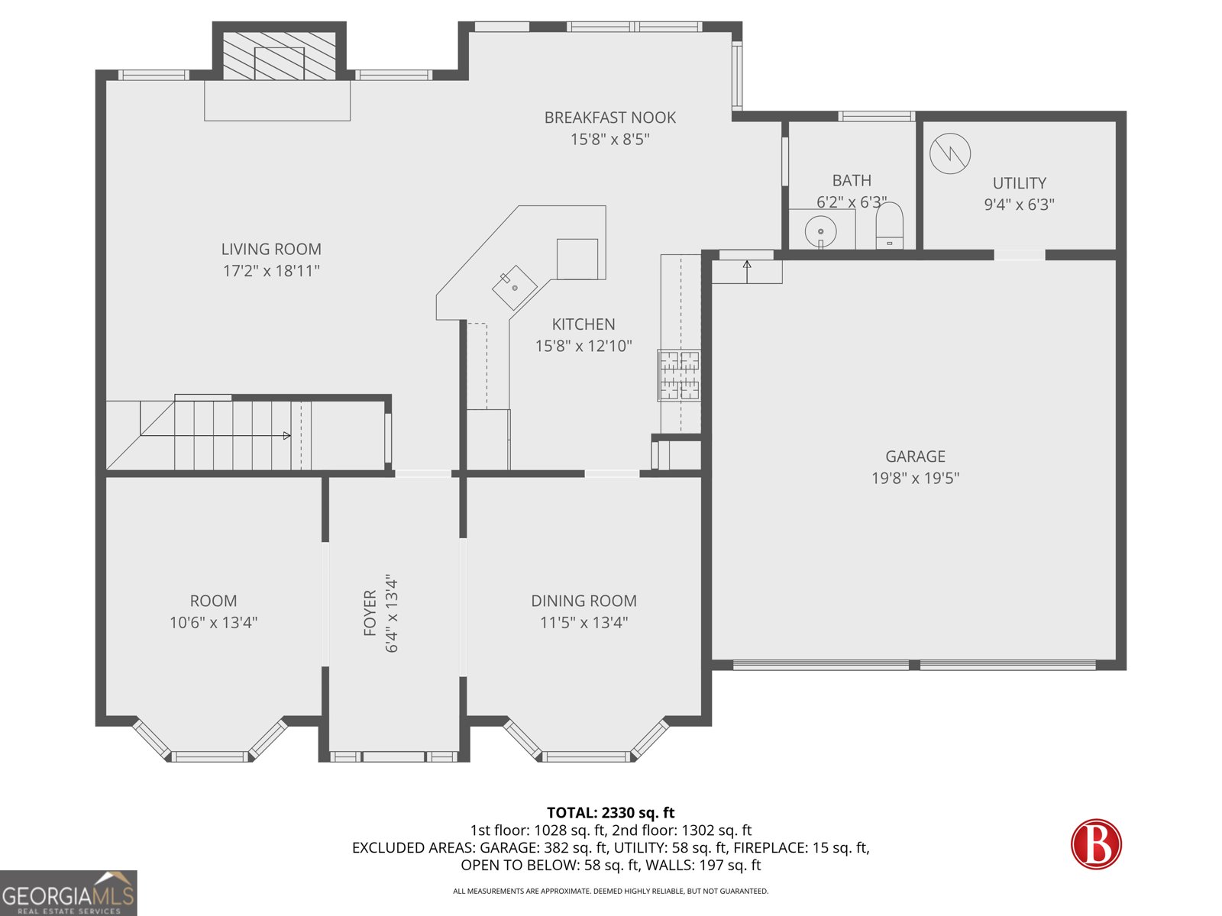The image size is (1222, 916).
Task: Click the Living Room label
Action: tap(271, 249)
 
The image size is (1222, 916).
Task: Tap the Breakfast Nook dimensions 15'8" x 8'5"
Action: tap(609, 139)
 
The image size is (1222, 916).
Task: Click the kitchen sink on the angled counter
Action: tap(514, 287)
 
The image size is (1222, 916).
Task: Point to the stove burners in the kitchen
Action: tap(679, 375)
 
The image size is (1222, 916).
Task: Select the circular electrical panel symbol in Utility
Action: tap(950, 153)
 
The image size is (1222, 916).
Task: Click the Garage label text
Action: tap(915, 456)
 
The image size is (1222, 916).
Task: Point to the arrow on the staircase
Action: tap(286, 436)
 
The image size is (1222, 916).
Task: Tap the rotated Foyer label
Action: tap(370, 612)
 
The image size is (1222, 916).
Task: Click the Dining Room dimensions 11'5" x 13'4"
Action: tap(584, 622)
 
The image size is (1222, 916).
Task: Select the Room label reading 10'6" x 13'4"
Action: tap(213, 622)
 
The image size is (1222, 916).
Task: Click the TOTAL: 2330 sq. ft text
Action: tap(610, 813)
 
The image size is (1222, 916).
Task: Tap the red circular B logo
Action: tap(1096, 844)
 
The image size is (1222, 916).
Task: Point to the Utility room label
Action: tap(1019, 183)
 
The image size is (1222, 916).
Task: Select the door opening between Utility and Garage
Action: tap(1019, 255)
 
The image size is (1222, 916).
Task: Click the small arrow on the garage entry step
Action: tap(747, 266)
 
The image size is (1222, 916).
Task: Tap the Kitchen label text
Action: tap(584, 324)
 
